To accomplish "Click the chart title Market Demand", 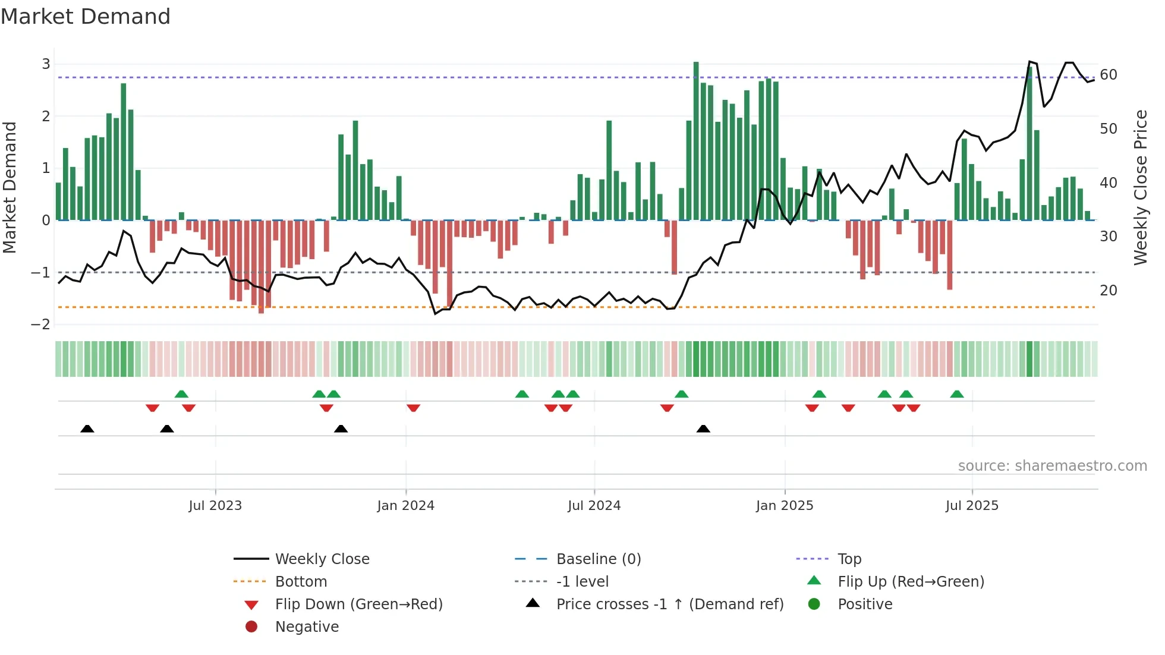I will coord(86,17).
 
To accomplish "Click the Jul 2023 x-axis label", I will coord(215,506).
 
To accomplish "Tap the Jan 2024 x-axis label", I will coord(405,506).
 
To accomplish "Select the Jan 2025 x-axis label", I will coord(784,506).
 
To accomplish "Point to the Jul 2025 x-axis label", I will coord(972,506).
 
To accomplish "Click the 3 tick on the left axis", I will coord(46,64).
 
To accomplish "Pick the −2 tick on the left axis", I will coord(41,325).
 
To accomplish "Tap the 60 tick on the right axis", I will coord(1108,75).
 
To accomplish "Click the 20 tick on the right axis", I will coord(1108,291).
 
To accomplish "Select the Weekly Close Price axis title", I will coord(1140,187).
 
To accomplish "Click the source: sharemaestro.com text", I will coord(1052,466).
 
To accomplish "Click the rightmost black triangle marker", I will coord(703,429).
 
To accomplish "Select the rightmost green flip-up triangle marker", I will coord(956,394).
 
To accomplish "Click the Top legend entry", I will coord(849,559).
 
